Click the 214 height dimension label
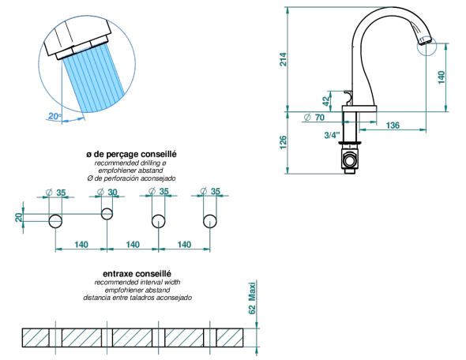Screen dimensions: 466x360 (x=284, y=59)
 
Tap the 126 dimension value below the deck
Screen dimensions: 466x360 (x=284, y=143)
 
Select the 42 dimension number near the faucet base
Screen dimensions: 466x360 (x=326, y=101)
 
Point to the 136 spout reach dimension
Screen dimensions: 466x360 (x=393, y=126)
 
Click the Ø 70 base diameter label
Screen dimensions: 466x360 (x=314, y=118)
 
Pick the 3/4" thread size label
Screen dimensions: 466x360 (x=332, y=135)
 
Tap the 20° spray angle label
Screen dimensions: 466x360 (x=54, y=116)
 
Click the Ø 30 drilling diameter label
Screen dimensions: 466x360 (x=107, y=192)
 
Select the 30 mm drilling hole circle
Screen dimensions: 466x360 (x=107, y=214)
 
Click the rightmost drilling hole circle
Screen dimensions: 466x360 (x=210, y=221)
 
